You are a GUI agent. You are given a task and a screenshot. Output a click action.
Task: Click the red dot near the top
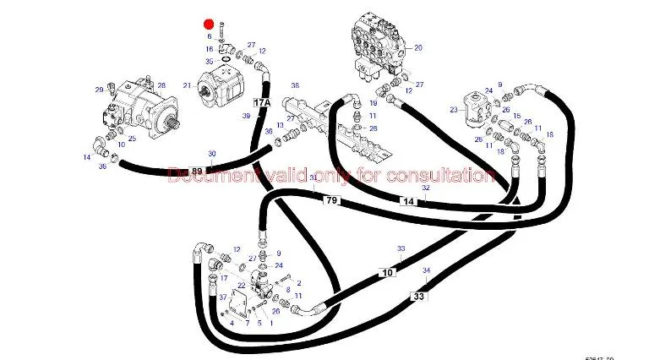pyautogui.click(x=209, y=25)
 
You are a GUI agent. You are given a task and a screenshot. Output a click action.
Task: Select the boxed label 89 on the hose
pyautogui.click(x=197, y=172)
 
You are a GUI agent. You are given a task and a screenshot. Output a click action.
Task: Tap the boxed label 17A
pyautogui.click(x=262, y=103)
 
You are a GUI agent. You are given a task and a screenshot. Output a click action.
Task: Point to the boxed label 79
pyautogui.click(x=331, y=200)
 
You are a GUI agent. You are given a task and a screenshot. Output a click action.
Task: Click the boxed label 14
pyautogui.click(x=408, y=201)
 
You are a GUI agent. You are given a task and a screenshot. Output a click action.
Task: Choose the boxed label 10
pyautogui.click(x=388, y=273)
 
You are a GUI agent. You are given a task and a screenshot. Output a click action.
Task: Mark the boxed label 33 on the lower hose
pyautogui.click(x=419, y=296)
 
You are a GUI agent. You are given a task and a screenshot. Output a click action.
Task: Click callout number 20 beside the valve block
pyautogui.click(x=418, y=48)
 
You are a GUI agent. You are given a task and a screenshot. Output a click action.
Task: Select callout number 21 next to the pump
pyautogui.click(x=187, y=86)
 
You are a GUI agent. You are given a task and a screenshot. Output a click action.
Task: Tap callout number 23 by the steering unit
pyautogui.click(x=454, y=109)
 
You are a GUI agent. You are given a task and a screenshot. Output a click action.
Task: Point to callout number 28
pyautogui.click(x=161, y=85)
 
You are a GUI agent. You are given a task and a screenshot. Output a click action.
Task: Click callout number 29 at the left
pyautogui.click(x=99, y=90)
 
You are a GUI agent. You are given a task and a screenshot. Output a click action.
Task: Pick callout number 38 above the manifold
pyautogui.click(x=296, y=86)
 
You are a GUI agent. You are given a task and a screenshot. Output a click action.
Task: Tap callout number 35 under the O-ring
pyautogui.click(x=209, y=62)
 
